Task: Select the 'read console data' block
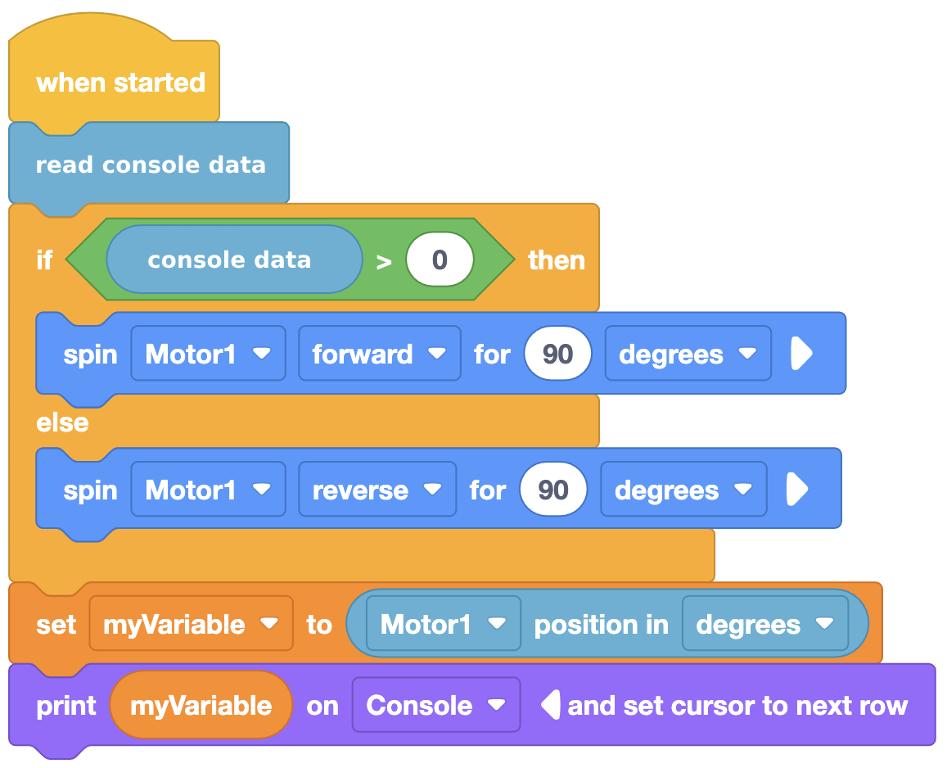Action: coord(149,165)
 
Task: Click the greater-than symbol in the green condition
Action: coord(384,262)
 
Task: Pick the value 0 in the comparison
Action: coord(440,260)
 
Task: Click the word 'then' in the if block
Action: coord(557,260)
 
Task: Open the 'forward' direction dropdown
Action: coord(379,354)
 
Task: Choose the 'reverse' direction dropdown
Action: coord(377,490)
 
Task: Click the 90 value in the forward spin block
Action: coord(557,354)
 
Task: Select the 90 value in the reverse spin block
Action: coord(553,490)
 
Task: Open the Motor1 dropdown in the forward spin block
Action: coord(209,354)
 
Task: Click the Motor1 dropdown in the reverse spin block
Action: coord(209,490)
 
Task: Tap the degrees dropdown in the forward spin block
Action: coord(688,354)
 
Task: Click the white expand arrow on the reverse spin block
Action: coord(797,489)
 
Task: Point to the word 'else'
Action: coord(62,422)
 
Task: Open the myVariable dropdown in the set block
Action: coord(191,624)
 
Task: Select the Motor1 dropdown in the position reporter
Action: coord(444,624)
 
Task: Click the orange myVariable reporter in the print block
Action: coord(201,705)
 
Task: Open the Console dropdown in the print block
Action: coord(436,705)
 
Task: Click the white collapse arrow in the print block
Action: coord(551,705)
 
